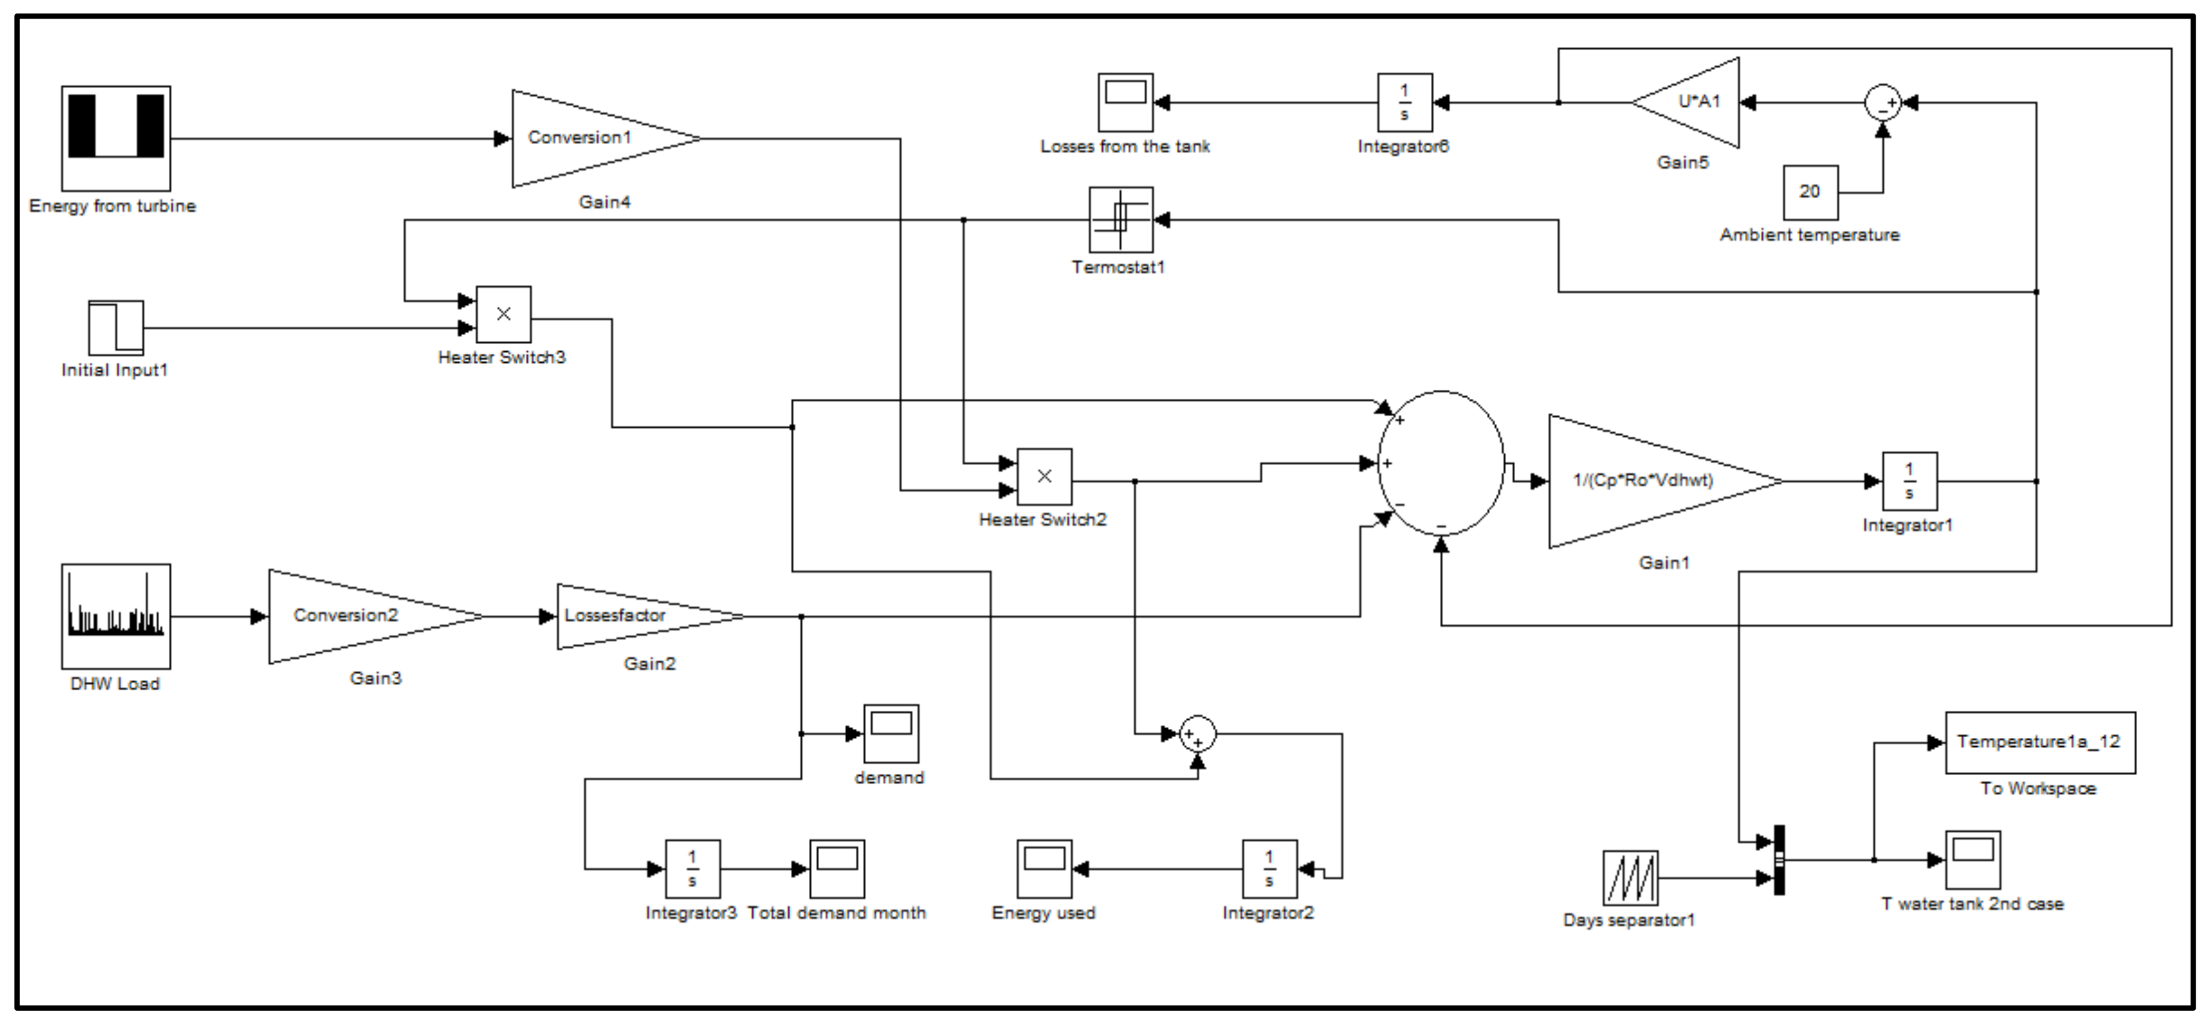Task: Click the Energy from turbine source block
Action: coord(116,138)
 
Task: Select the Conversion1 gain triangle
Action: coord(592,138)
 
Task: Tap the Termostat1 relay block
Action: coord(1121,220)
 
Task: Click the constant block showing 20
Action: coord(1810,192)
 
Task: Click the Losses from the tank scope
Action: coord(1125,102)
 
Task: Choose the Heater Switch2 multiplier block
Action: coord(1045,476)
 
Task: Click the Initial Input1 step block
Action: coord(116,327)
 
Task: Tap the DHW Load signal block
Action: coord(116,616)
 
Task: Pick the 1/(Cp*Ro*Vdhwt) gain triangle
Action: coord(1648,482)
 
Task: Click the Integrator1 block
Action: coord(1910,482)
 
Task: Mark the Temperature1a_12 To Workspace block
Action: coord(2040,742)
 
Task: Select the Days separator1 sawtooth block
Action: coord(1630,878)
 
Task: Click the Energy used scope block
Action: coord(1045,869)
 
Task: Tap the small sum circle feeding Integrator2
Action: coord(1197,734)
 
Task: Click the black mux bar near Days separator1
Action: coord(1780,860)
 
